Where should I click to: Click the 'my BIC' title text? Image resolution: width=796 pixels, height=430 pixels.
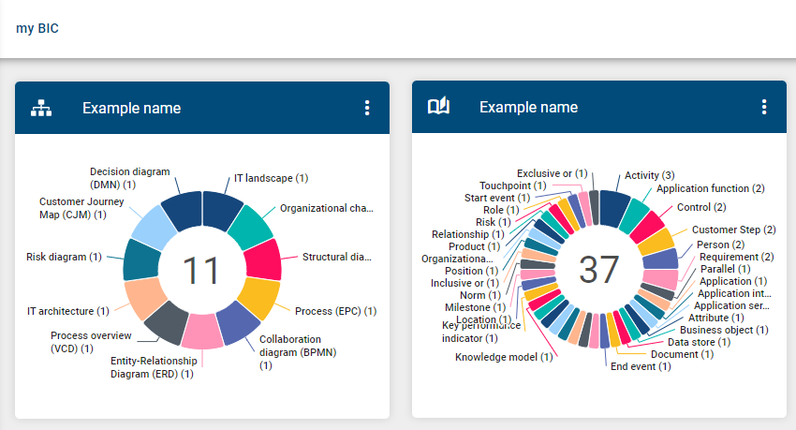point(37,28)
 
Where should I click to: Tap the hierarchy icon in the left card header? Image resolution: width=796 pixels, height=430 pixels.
point(41,108)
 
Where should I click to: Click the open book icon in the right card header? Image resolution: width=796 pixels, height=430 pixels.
point(438,108)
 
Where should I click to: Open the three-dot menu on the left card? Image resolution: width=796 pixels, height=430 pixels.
point(367,108)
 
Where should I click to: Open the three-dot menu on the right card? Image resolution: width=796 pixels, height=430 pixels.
point(764,108)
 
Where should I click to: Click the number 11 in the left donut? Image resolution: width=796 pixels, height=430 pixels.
point(201,271)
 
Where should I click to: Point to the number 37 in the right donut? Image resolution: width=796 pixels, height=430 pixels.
point(599,270)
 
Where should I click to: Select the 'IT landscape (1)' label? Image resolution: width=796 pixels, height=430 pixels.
point(271,178)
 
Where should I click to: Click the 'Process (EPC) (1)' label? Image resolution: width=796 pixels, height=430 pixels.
point(336,311)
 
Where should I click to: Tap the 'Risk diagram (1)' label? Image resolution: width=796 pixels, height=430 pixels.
point(65,257)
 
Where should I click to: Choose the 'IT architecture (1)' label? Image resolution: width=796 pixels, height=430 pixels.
point(67,311)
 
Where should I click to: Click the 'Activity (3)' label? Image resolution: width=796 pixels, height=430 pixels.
point(649,175)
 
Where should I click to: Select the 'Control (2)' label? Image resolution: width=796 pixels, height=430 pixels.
point(701,207)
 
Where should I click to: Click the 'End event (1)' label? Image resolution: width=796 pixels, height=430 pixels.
point(641,366)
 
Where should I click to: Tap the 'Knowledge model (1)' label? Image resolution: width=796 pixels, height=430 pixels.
point(504,357)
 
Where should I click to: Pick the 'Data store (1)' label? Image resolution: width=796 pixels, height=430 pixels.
point(699,342)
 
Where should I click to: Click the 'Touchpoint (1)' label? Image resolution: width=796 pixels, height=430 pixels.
point(512,185)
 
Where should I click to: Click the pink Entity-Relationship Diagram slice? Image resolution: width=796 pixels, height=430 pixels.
point(202,331)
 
